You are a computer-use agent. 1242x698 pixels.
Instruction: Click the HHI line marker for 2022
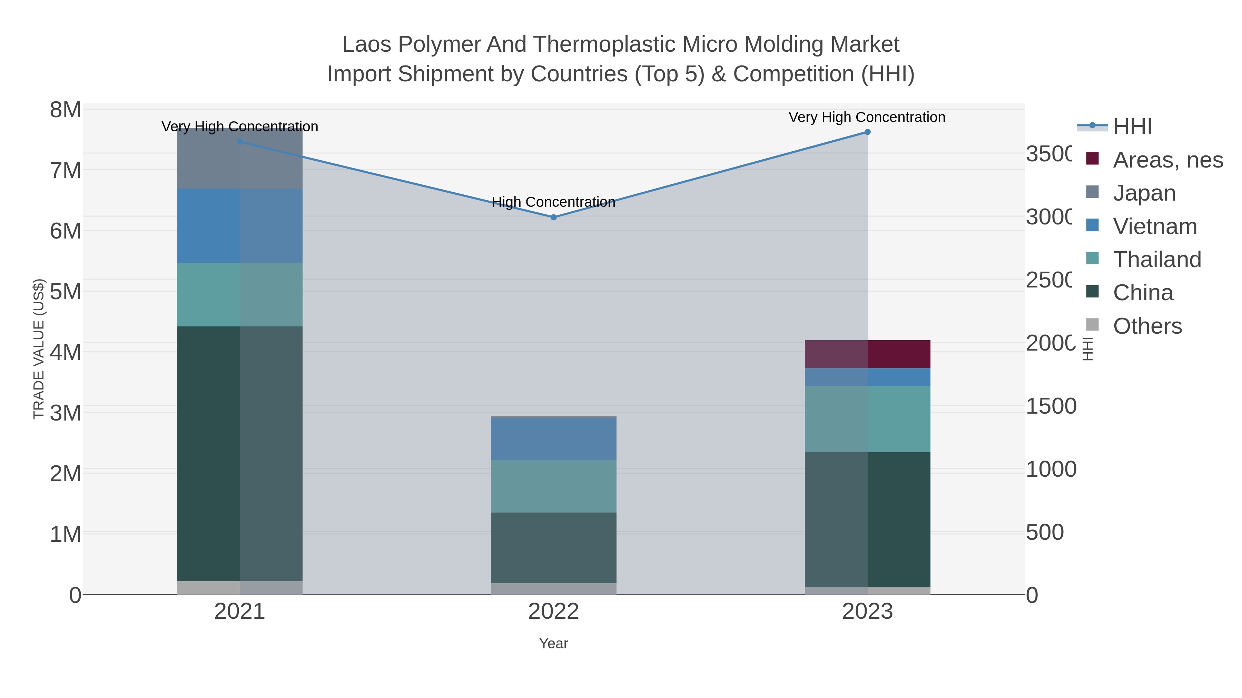pyautogui.click(x=553, y=217)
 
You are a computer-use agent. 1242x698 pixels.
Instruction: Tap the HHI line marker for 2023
pyautogui.click(x=867, y=132)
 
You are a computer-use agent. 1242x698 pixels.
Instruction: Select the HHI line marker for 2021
pyautogui.click(x=240, y=142)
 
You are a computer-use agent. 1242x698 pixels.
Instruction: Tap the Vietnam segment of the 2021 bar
pyautogui.click(x=240, y=225)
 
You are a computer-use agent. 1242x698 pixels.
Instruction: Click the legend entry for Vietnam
pyautogui.click(x=1154, y=226)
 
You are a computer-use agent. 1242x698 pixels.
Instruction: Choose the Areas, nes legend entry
pyautogui.click(x=1167, y=160)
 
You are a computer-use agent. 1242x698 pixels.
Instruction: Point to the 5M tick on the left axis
pyautogui.click(x=65, y=291)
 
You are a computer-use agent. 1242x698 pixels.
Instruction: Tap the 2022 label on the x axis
pyautogui.click(x=553, y=612)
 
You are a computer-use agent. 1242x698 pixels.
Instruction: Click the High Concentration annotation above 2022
pyautogui.click(x=553, y=202)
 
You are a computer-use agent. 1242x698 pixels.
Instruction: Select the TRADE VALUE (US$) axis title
pyautogui.click(x=39, y=349)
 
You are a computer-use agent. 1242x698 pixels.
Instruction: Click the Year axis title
pyautogui.click(x=553, y=644)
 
